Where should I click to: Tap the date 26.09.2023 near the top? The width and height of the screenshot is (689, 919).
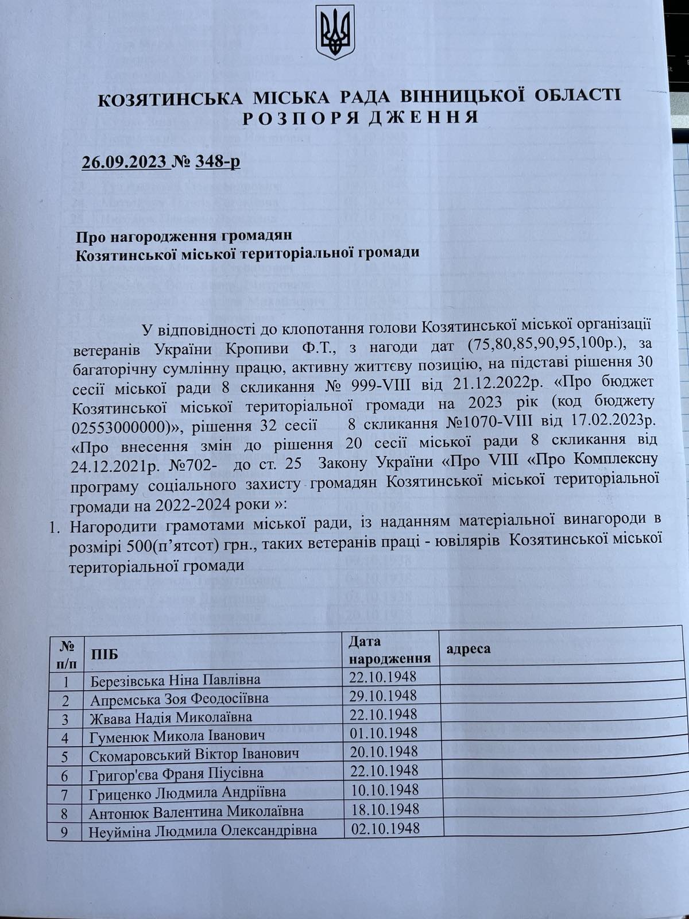pos(126,161)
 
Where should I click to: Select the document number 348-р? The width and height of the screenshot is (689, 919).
pos(218,161)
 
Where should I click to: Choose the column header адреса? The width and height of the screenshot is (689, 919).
pos(467,648)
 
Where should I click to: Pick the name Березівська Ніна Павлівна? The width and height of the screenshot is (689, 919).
pos(175,681)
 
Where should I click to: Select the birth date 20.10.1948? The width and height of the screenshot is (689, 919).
pos(383,751)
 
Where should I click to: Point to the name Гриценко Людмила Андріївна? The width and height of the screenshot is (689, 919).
pos(188,793)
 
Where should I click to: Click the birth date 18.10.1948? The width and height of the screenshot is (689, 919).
pos(384,809)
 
